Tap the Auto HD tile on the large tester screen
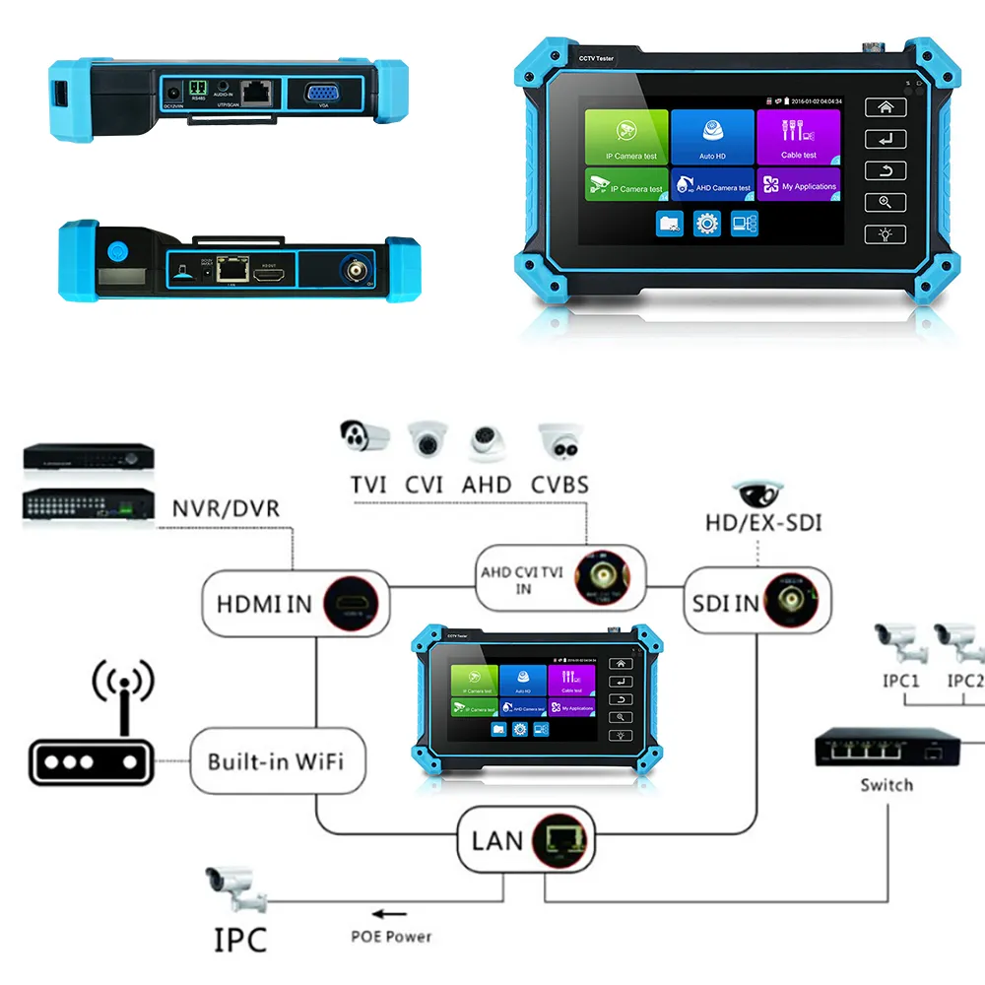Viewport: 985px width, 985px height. coord(712,136)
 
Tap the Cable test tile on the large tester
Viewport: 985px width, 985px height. coord(798,136)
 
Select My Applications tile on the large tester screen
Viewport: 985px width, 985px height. coord(798,183)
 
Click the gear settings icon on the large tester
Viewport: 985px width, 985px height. coord(706,224)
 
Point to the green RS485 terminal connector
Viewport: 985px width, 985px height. coord(199,89)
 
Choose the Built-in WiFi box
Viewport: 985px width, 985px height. coord(275,761)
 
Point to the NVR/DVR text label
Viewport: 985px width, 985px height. coord(226,509)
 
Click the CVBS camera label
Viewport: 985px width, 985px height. coord(558,485)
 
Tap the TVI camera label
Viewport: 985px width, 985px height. coord(367,485)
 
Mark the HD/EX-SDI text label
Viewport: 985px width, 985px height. coord(763,522)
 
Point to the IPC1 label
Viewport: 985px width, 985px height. coord(900,681)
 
